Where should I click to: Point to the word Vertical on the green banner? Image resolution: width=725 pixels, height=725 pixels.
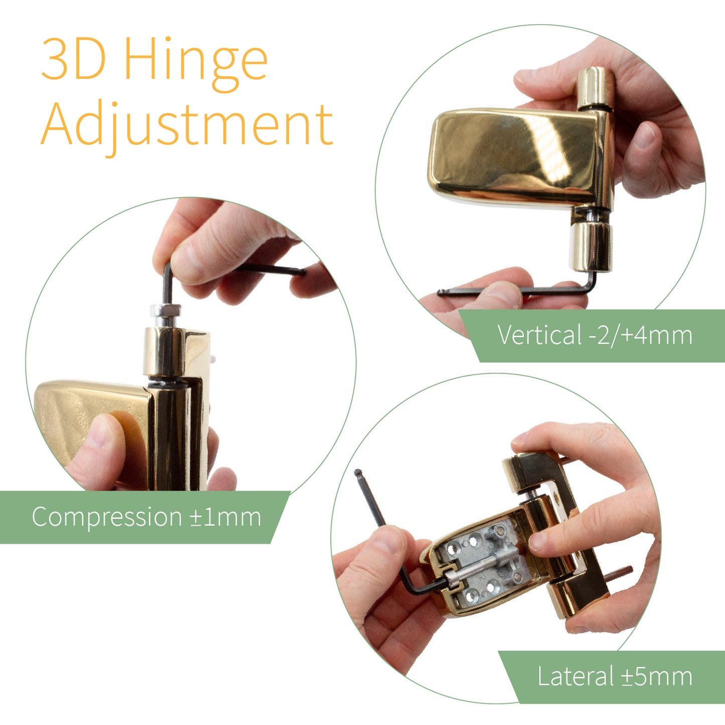point(539,335)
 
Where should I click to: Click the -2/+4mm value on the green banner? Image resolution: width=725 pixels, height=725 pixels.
point(641,335)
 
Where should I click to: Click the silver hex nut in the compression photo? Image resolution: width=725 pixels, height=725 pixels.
point(166,311)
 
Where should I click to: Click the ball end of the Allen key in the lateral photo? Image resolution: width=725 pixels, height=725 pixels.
point(358,473)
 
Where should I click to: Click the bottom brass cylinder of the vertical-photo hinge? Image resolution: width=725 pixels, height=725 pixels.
point(591,246)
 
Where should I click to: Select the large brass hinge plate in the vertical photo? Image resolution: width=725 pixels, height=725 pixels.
point(515,156)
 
